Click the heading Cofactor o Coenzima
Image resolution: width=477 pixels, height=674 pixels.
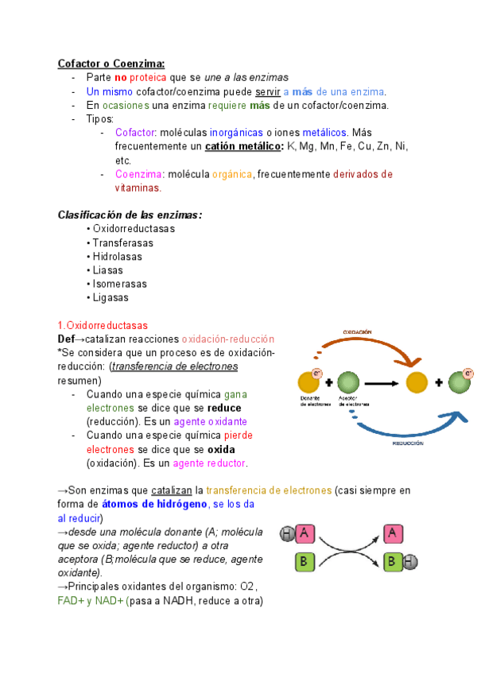tap(111, 64)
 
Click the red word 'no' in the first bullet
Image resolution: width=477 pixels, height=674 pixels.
tap(121, 78)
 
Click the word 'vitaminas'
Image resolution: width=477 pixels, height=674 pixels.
tap(137, 188)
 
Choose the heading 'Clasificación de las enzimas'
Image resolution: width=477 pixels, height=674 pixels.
tap(130, 215)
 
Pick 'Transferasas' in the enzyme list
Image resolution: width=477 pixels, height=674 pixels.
tap(123, 243)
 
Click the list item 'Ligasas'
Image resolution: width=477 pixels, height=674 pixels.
tap(111, 297)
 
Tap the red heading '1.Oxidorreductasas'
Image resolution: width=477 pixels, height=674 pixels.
tap(103, 326)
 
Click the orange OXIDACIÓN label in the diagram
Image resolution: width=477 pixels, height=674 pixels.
tap(357, 331)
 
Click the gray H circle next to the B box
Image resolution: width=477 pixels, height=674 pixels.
tap(409, 564)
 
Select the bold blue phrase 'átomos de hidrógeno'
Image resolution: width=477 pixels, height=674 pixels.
tap(153, 504)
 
